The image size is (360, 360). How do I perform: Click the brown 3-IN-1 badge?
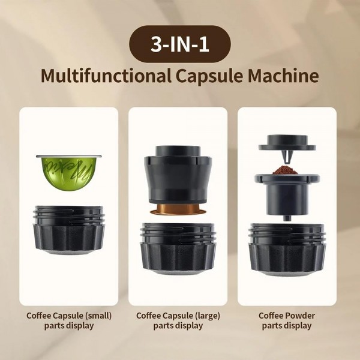point(179,45)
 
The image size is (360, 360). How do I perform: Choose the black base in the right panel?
point(287,246)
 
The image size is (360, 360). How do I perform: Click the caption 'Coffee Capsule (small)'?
point(69,315)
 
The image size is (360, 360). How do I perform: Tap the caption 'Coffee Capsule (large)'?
point(178,315)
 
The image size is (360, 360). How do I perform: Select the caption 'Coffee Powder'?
point(287,315)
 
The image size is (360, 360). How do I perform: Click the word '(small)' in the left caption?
point(98,315)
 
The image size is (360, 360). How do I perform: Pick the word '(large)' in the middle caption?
point(207,315)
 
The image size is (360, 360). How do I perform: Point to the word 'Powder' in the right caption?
point(301,315)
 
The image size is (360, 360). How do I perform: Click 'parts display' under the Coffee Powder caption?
point(287,326)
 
